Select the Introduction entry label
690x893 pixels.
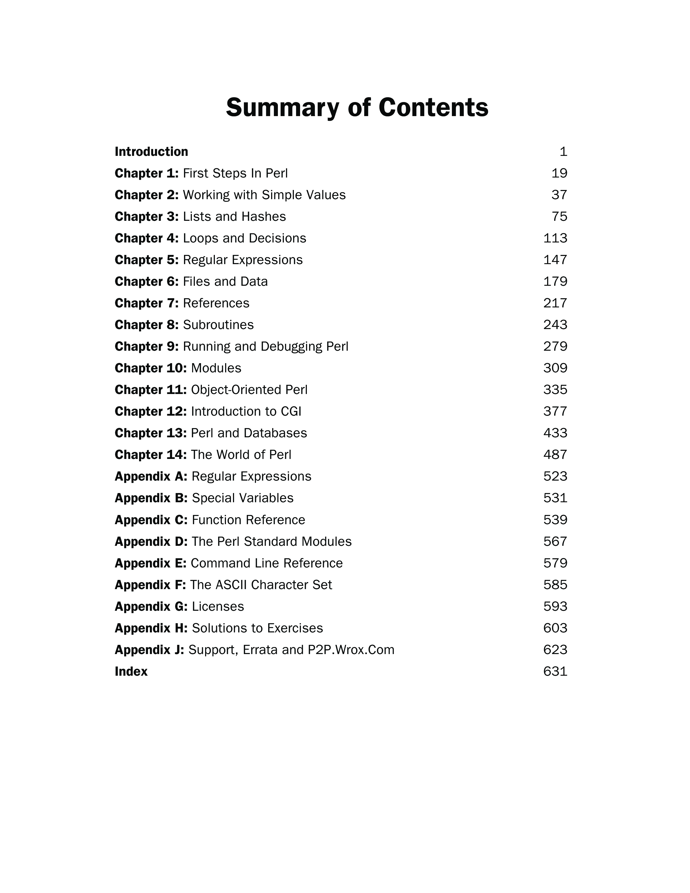coord(151,152)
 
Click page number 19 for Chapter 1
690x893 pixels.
coord(559,173)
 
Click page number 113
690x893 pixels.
coord(555,238)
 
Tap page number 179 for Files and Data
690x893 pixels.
coord(555,282)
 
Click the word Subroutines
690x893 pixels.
coord(218,325)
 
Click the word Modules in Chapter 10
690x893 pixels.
coord(216,368)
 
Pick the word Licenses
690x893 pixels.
coord(218,607)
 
